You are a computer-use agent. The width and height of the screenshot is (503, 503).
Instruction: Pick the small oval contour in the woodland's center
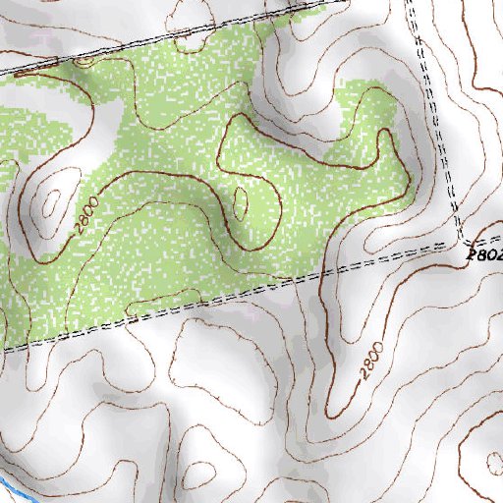tap(240, 200)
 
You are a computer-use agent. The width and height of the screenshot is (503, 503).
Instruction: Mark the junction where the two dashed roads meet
tap(460, 243)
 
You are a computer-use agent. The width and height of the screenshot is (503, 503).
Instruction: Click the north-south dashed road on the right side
tap(437, 128)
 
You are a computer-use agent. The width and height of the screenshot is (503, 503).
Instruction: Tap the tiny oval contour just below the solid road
tap(84, 62)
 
